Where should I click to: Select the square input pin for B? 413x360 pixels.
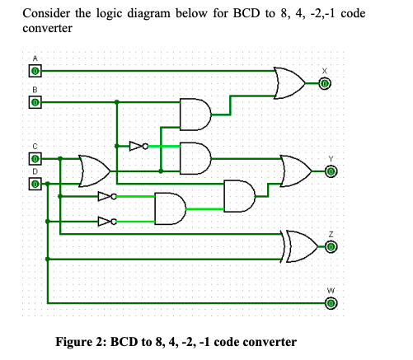(x=35, y=103)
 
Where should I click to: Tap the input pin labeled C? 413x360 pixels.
(x=35, y=158)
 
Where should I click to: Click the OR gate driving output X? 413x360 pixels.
(x=289, y=82)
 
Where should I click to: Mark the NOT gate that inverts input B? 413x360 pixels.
(x=138, y=147)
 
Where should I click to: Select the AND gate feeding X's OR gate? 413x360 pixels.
(x=195, y=115)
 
